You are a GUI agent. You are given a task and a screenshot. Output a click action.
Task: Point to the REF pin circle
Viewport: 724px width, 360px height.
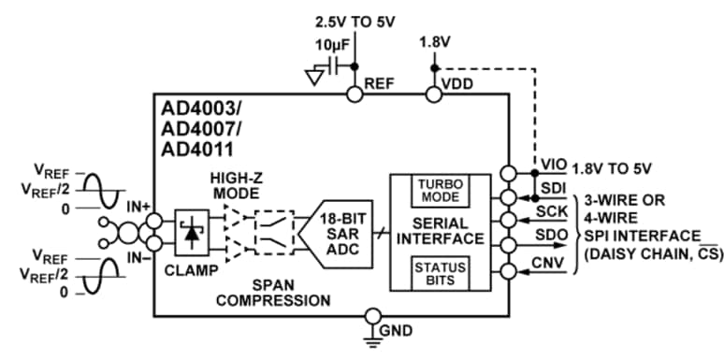coord(355,94)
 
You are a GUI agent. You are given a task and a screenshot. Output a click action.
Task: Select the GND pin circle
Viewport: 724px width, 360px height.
coord(373,316)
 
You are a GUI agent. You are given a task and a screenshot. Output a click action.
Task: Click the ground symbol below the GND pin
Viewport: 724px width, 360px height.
coord(373,342)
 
